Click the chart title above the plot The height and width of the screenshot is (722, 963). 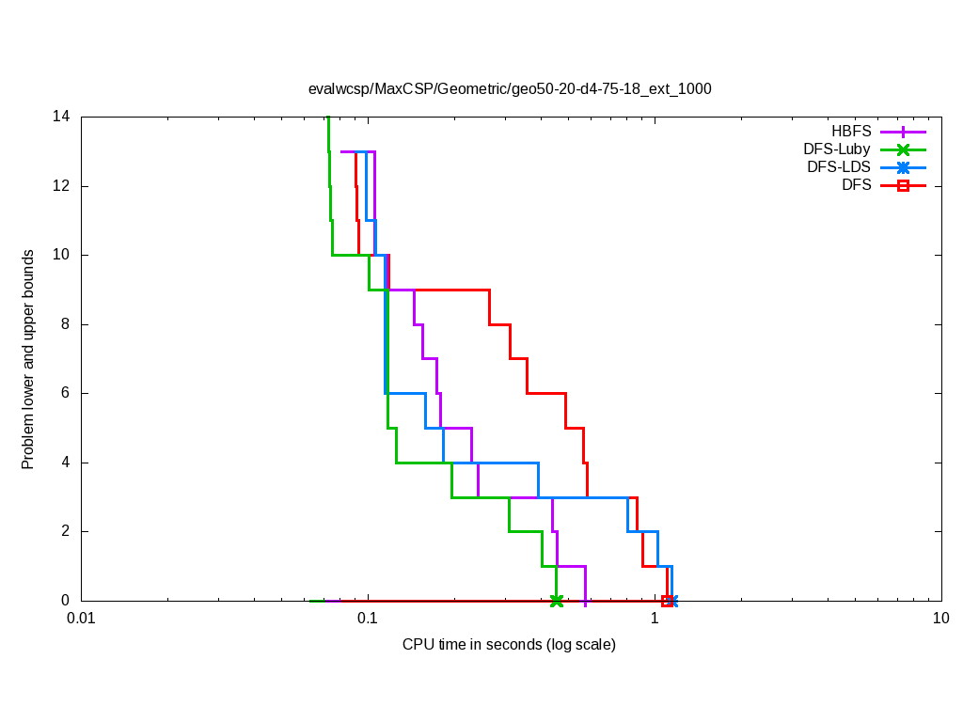point(510,89)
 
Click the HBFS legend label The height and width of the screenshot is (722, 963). point(851,132)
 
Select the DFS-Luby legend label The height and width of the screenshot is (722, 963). point(837,149)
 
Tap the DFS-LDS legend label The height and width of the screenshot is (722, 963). point(839,167)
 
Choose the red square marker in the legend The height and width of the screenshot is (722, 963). point(903,185)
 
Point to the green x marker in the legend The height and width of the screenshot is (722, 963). point(903,149)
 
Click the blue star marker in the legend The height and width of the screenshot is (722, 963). point(903,167)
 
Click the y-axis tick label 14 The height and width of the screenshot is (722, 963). point(61,117)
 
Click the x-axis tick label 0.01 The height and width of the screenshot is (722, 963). point(81,619)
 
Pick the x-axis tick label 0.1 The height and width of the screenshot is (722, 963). point(368,619)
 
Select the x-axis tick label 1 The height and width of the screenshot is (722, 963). point(655,619)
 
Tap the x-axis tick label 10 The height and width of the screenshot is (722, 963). point(940,619)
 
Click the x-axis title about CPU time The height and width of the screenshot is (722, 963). point(509,645)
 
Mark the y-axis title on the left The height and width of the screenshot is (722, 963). point(28,359)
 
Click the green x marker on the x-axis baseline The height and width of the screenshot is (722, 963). point(556,601)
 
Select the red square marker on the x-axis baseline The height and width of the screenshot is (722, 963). point(666,601)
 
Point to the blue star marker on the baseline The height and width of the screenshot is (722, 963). point(671,601)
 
